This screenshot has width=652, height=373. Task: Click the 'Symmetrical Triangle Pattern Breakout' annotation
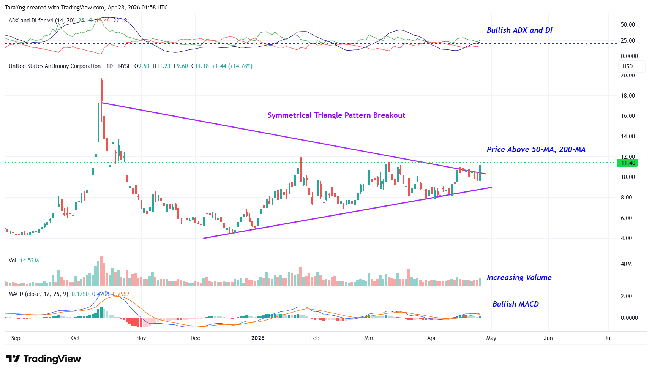pyautogui.click(x=336, y=115)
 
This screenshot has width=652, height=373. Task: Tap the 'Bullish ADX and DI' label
pyautogui.click(x=519, y=30)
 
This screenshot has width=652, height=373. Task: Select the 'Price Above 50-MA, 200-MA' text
pyautogui.click(x=536, y=150)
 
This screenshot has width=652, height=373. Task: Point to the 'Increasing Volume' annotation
pyautogui.click(x=519, y=278)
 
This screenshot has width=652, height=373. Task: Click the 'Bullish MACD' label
pyautogui.click(x=515, y=304)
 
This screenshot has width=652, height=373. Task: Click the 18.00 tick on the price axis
pyautogui.click(x=628, y=96)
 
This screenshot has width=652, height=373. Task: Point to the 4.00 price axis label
pyautogui.click(x=626, y=238)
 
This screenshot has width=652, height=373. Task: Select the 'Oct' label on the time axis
pyautogui.click(x=76, y=338)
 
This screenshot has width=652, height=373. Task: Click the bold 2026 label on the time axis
pyautogui.click(x=258, y=338)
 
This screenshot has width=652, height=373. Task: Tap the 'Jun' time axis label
pyautogui.click(x=548, y=338)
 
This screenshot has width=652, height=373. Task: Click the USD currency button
pyautogui.click(x=628, y=66)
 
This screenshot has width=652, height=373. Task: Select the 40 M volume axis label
pyautogui.click(x=626, y=264)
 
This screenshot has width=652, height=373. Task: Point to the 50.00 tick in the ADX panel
pyautogui.click(x=628, y=25)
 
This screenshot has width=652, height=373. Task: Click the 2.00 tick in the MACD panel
pyautogui.click(x=626, y=296)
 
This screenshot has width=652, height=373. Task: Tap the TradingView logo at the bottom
pyautogui.click(x=43, y=359)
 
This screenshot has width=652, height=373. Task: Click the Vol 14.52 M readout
pyautogui.click(x=24, y=261)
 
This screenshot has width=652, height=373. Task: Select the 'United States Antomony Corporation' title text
pyautogui.click(x=55, y=66)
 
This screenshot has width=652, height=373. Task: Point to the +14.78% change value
pyautogui.click(x=240, y=66)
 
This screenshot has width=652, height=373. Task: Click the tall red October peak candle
pyautogui.click(x=101, y=90)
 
